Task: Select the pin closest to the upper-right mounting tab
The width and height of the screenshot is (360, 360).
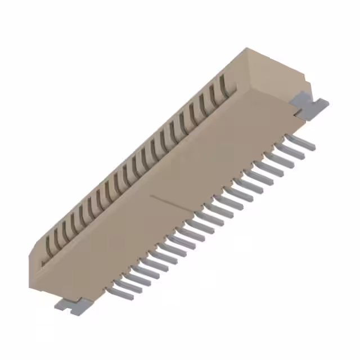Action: pyautogui.click(x=301, y=141)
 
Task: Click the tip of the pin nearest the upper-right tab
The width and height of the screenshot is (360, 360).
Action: pyautogui.click(x=312, y=147)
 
